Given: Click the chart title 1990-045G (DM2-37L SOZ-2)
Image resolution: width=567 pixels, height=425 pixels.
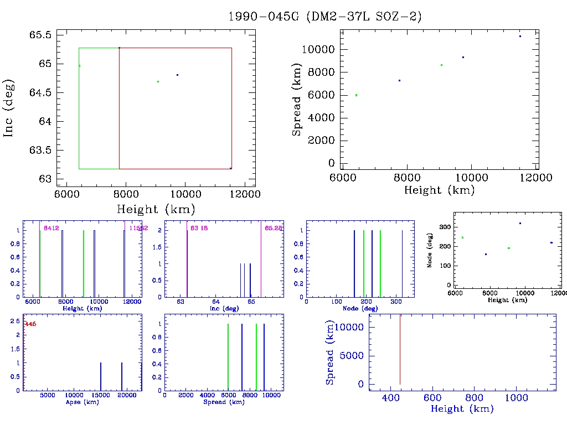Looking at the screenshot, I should pyautogui.click(x=325, y=17).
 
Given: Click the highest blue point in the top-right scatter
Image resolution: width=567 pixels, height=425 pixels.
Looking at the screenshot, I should pyautogui.click(x=520, y=37).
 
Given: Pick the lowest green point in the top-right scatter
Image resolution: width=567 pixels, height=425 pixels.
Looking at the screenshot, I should pyautogui.click(x=356, y=95).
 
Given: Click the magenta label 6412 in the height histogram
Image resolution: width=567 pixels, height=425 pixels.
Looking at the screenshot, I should pyautogui.click(x=51, y=229).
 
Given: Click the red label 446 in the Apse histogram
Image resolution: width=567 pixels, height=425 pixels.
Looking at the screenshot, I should pyautogui.click(x=30, y=324).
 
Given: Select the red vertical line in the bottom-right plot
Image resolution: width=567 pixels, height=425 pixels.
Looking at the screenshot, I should pyautogui.click(x=400, y=349).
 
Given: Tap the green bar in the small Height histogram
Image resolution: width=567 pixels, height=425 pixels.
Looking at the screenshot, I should pyautogui.click(x=84, y=263).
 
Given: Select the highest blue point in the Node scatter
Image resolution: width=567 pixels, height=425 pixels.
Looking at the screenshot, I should pyautogui.click(x=520, y=223).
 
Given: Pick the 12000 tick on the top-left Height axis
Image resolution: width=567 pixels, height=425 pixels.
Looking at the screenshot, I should pyautogui.click(x=245, y=194).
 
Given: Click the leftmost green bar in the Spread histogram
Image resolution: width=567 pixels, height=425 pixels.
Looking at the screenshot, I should pyautogui.click(x=228, y=357).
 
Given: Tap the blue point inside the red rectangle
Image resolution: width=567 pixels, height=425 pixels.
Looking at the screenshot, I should pyautogui.click(x=177, y=75).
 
